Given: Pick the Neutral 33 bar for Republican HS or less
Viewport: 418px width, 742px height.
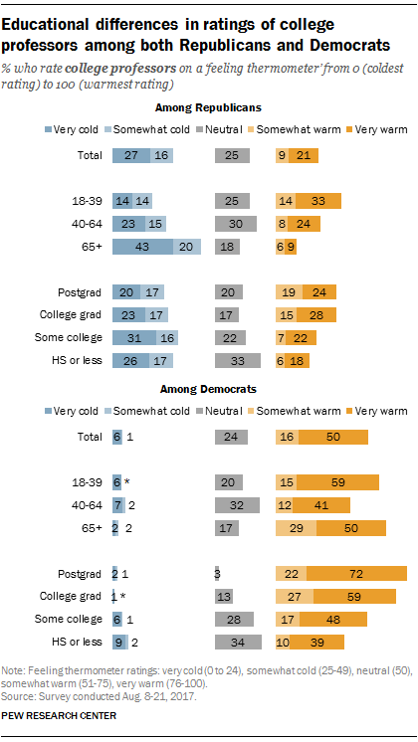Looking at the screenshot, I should point(239,360).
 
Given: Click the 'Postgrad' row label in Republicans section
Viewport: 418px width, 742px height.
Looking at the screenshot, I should point(86,294).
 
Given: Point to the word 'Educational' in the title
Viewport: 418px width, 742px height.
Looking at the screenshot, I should point(57,23).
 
